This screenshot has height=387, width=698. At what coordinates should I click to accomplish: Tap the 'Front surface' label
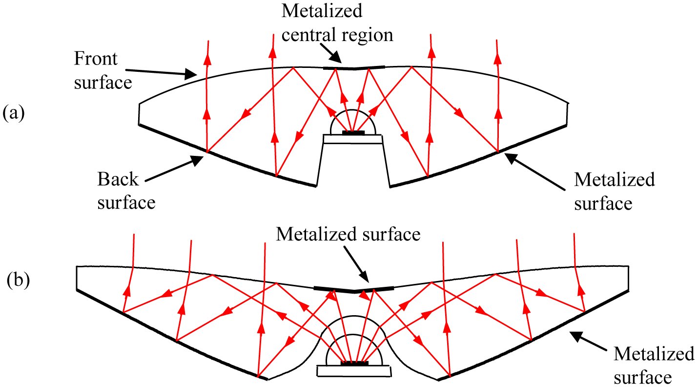[x=103, y=71]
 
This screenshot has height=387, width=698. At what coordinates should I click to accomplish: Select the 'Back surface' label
[x=126, y=191]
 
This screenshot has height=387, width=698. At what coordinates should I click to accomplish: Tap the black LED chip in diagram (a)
[x=353, y=132]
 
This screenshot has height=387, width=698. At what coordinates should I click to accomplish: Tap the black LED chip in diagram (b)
[x=354, y=364]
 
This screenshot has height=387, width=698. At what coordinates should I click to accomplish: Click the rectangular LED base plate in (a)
[x=353, y=139]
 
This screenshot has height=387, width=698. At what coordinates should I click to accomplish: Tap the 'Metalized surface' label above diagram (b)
[x=348, y=235]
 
